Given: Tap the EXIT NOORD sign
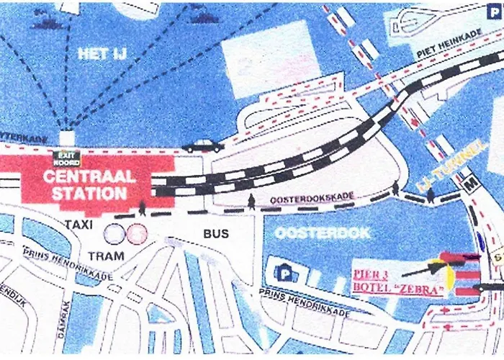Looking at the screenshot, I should pos(66,158).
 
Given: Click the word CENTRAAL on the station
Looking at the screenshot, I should pos(89,177).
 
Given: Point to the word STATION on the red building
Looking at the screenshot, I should pos(89,194).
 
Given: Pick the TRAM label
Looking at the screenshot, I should pos(106,256).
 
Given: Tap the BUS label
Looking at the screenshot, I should pos(215,233).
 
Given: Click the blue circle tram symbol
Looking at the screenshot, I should pos(114,233).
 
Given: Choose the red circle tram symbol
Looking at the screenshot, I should pos(136,233).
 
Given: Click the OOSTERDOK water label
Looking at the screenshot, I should pos(322,233).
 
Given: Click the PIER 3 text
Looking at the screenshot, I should pos(372,274).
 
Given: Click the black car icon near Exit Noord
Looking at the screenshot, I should pos(202,145).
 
